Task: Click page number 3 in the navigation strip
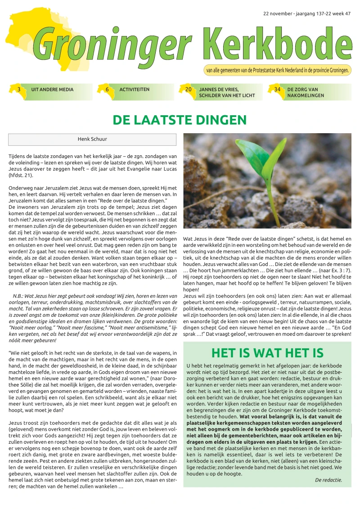click(18, 90)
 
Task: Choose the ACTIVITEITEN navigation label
click(134, 90)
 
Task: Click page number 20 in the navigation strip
click(188, 90)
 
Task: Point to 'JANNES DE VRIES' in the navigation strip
click(219, 90)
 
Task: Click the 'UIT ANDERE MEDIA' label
click(52, 90)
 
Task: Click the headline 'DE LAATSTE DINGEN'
click(180, 120)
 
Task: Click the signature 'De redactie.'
click(328, 480)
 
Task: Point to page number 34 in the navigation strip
click(277, 90)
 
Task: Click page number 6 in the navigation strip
click(107, 90)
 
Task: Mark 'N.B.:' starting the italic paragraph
click(18, 283)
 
